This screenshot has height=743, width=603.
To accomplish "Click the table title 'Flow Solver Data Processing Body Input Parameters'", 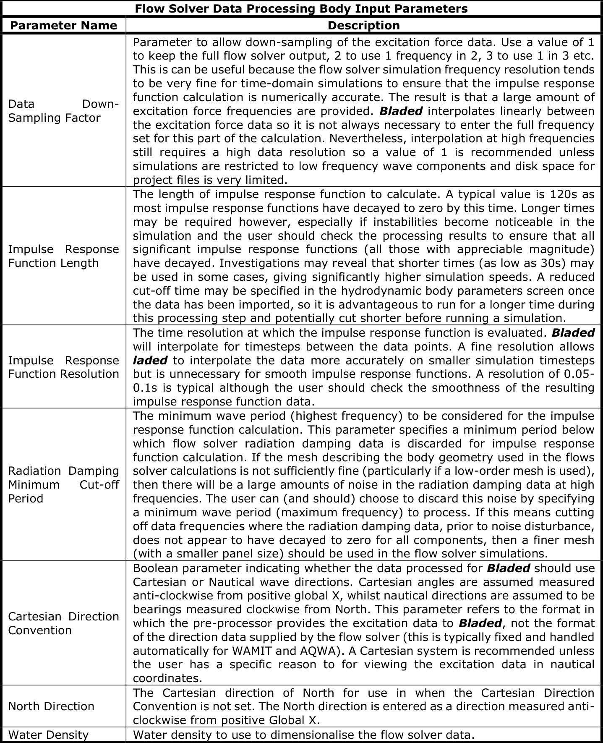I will click(301, 9).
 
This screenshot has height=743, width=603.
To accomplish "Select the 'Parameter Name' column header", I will click(63, 26).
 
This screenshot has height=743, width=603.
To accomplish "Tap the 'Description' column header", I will click(363, 26).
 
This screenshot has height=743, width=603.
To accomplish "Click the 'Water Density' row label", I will click(48, 735).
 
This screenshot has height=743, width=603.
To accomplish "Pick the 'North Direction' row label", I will click(51, 706).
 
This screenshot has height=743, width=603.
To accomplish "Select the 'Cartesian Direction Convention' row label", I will click(63, 623).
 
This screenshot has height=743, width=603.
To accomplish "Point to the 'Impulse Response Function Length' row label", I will click(63, 256).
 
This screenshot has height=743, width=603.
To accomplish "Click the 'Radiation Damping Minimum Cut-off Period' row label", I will click(63, 484).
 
